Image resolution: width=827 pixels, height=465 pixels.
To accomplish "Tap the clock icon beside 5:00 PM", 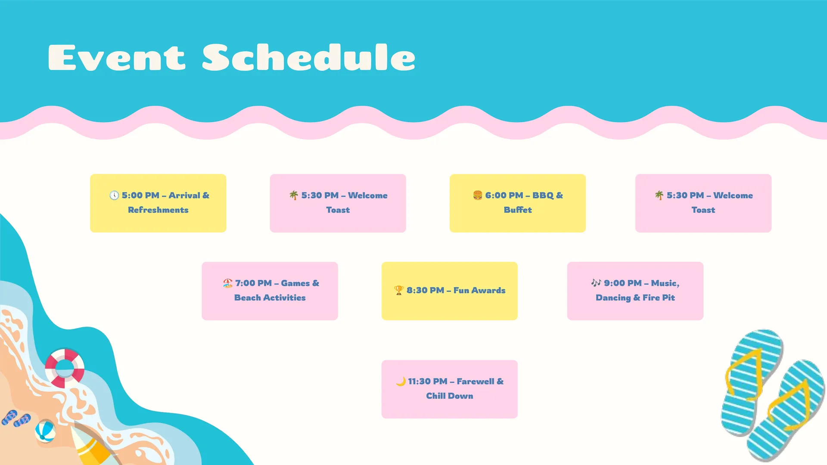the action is (x=114, y=195).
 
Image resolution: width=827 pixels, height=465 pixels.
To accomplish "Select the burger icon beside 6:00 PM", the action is (x=478, y=195).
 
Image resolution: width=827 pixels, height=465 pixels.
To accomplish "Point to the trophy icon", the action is (x=399, y=291).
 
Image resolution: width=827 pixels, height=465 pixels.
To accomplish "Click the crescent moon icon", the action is (x=401, y=381).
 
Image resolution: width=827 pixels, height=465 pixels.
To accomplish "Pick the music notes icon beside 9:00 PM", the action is (x=596, y=283).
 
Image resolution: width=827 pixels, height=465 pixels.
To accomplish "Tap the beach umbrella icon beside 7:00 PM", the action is (x=228, y=283).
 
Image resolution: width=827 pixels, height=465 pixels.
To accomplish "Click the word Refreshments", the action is (x=158, y=210).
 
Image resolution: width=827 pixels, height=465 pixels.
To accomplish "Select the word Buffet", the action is (x=518, y=210).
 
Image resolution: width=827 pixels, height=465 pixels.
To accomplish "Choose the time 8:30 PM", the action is (x=425, y=291).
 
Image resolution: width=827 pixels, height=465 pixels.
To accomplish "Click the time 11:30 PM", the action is (x=428, y=381).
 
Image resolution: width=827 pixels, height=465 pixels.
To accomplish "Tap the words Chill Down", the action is (x=450, y=396).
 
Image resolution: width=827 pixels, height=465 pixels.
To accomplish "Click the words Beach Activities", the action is (x=270, y=298).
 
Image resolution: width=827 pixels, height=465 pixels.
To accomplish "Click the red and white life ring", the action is (x=65, y=368).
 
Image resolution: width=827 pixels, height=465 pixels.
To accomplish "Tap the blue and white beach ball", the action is (x=45, y=431).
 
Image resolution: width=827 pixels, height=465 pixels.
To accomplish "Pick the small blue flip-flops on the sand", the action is (x=16, y=418).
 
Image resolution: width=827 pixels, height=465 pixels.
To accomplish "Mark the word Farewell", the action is (x=476, y=381).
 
